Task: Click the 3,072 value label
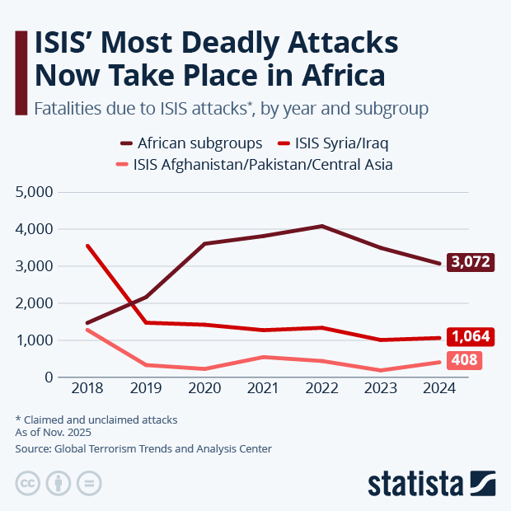pyautogui.click(x=471, y=263)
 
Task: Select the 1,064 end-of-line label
pyautogui.click(x=471, y=337)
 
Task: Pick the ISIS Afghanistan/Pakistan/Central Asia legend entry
pyautogui.click(x=251, y=164)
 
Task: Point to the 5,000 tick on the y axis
pyautogui.click(x=35, y=192)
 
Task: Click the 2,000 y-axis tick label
pyautogui.click(x=35, y=303)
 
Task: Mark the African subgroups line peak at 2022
pyautogui.click(x=322, y=226)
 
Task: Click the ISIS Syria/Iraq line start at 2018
pyautogui.click(x=87, y=246)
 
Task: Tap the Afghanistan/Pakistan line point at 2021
pyautogui.click(x=264, y=357)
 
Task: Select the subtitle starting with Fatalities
pyautogui.click(x=230, y=108)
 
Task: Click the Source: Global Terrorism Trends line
pyautogui.click(x=143, y=449)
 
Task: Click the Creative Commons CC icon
pyautogui.click(x=28, y=484)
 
